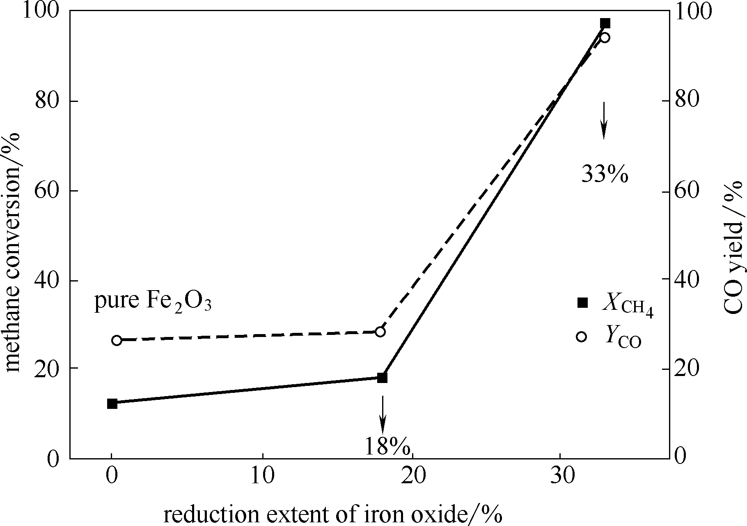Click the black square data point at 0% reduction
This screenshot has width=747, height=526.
point(112,404)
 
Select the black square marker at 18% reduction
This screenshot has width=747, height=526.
point(382,378)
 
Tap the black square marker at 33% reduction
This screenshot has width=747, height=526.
point(605,23)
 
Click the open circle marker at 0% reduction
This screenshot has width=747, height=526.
point(117,340)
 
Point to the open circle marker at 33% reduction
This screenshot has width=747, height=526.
point(605,38)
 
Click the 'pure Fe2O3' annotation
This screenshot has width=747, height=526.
point(153,302)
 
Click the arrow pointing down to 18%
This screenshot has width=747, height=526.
point(383,414)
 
